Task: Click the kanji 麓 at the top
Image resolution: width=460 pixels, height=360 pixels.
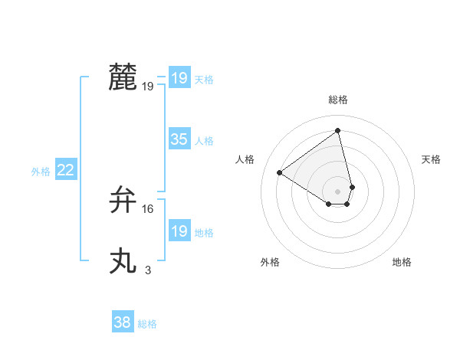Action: tap(123, 77)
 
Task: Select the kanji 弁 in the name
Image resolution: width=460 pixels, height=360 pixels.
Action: tap(123, 200)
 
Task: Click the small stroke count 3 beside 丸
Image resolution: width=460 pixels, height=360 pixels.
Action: tap(148, 270)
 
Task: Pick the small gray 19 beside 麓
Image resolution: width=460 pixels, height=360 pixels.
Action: tap(148, 87)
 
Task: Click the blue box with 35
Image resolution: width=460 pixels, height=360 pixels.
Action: tap(179, 139)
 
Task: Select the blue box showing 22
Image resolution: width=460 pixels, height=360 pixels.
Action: tap(66, 170)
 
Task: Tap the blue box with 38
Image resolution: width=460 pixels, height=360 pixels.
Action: tap(123, 322)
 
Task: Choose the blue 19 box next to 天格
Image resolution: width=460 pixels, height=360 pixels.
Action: tap(179, 78)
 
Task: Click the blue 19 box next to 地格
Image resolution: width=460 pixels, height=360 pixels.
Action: tap(179, 231)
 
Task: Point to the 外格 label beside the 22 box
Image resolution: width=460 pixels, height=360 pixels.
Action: tap(41, 172)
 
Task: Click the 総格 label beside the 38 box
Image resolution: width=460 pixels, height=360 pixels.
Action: tap(147, 324)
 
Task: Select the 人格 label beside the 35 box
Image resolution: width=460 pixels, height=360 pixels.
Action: tap(204, 141)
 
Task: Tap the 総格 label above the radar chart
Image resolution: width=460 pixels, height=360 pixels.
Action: tap(338, 100)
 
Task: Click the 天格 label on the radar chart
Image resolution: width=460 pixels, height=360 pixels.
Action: tap(431, 159)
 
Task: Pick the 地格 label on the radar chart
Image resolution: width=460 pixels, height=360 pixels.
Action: tap(402, 262)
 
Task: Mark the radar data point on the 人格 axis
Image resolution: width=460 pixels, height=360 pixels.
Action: tap(280, 172)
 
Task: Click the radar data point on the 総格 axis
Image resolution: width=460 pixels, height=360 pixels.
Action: tap(338, 130)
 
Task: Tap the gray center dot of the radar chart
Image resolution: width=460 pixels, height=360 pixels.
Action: tap(338, 191)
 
